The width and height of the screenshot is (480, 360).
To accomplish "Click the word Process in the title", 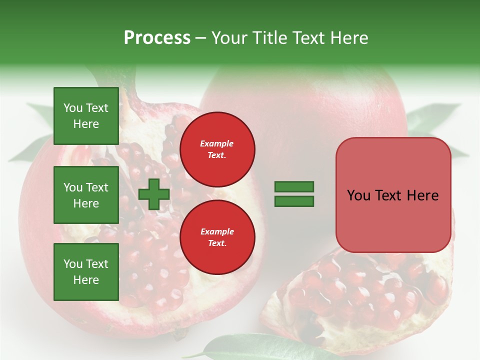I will click(x=157, y=38).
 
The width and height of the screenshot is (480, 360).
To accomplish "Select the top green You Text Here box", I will click(x=86, y=116).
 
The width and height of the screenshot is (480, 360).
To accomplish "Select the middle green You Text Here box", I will click(x=86, y=195).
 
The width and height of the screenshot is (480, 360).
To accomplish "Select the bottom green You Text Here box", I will click(x=86, y=272).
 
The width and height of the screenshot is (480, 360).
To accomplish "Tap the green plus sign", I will click(x=154, y=194).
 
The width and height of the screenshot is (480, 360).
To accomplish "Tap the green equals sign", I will click(x=294, y=194).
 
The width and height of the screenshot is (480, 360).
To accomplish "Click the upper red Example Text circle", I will click(x=217, y=149).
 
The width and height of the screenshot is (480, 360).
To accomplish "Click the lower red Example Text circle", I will click(x=217, y=237).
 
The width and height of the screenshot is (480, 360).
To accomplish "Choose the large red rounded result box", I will click(x=393, y=195).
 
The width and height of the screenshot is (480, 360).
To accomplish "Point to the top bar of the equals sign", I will click(x=294, y=186).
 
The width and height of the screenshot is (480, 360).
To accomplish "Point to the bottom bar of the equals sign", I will click(x=294, y=201).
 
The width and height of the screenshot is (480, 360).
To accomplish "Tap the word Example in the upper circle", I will click(x=217, y=143).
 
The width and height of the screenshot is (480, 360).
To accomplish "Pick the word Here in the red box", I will click(x=422, y=195).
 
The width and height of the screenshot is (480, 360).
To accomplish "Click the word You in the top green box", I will click(x=73, y=108).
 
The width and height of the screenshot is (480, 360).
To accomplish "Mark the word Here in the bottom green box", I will click(x=86, y=280).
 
